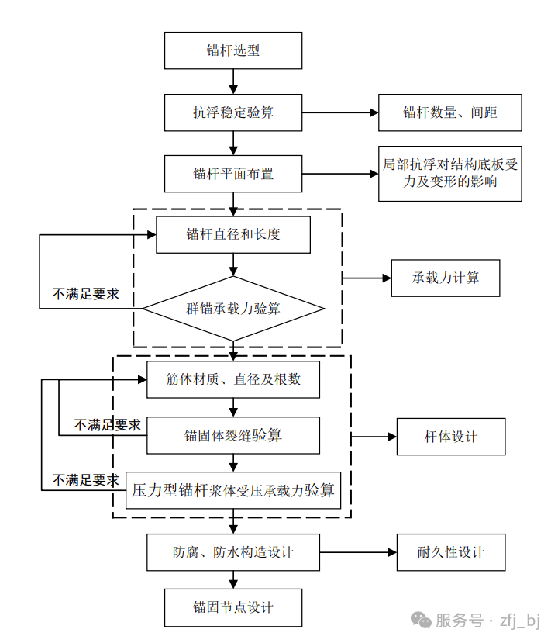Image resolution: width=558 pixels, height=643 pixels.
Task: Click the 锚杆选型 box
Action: click(233, 50)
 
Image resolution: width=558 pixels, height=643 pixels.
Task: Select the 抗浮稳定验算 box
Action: click(233, 112)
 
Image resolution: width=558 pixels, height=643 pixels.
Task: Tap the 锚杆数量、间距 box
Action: click(449, 112)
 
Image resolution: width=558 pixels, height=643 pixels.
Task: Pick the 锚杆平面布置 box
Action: click(233, 174)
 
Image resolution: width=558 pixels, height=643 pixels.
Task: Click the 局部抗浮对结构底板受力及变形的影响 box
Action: click(449, 174)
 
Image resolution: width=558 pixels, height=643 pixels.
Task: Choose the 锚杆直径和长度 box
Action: click(233, 235)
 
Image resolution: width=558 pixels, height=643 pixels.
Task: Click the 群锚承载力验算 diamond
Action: click(233, 309)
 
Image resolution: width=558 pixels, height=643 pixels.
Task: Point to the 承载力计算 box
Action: click(446, 278)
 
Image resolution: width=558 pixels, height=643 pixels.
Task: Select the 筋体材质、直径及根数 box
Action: click(233, 379)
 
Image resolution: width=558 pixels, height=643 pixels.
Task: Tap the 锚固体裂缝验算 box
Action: click(233, 435)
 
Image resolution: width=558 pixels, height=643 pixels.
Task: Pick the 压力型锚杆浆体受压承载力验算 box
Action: click(233, 490)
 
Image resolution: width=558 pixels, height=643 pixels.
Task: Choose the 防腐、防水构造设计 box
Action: click(233, 552)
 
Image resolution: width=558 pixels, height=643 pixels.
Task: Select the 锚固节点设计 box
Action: click(233, 607)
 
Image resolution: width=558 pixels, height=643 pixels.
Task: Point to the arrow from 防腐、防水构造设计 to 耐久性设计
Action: click(357, 552)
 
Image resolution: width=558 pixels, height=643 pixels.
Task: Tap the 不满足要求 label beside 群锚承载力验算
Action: click(85, 294)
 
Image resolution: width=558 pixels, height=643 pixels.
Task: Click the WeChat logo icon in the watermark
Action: click(422, 620)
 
